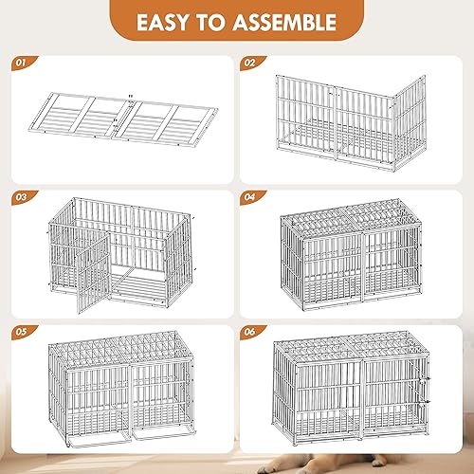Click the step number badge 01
(22, 64)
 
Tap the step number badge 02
(249, 64)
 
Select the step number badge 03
(22, 197)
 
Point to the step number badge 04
(249, 197)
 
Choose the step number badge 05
(22, 333)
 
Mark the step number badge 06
(249, 333)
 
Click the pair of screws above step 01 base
(129, 97)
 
